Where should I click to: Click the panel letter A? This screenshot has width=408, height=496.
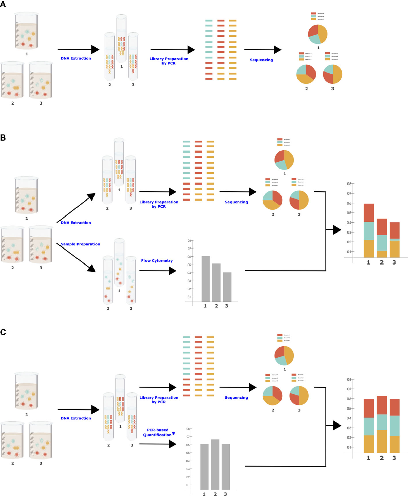click(3, 4)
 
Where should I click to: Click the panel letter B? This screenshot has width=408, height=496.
click(3, 138)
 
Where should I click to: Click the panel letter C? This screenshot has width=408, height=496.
click(3, 332)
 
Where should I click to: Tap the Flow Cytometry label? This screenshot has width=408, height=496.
click(157, 261)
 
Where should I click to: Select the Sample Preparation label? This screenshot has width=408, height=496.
click(80, 244)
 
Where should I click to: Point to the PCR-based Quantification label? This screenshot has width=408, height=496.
click(157, 432)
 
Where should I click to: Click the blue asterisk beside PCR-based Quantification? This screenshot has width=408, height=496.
click(174, 433)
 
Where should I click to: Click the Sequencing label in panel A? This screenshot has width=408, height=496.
click(261, 60)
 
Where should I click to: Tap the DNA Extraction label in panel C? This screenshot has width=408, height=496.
click(76, 418)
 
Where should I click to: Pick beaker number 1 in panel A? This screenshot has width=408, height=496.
click(26, 31)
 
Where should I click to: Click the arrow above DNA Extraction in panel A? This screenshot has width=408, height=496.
click(78, 50)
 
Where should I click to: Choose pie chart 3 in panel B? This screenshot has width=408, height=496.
click(299, 200)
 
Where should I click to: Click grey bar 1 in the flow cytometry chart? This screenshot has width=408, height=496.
click(206, 278)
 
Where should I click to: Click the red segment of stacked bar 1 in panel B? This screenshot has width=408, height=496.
click(369, 213)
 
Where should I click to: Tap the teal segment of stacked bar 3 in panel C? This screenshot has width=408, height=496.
click(395, 426)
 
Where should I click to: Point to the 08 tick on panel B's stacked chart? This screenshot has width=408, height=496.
click(349, 184)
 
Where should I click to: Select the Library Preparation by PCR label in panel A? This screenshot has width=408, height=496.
click(169, 61)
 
